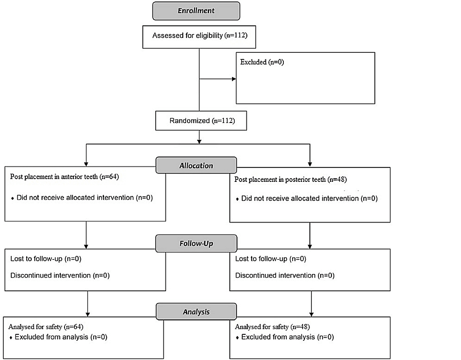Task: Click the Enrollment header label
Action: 196,11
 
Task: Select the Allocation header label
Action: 196,166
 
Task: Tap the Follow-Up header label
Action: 196,243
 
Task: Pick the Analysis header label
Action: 196,311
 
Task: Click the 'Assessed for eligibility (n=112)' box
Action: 200,36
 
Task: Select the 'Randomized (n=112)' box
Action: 200,121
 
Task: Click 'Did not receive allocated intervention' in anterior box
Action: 85,198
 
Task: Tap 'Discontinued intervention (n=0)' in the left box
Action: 60,275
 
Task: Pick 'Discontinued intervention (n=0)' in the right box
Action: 285,275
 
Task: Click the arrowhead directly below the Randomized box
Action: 200,140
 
